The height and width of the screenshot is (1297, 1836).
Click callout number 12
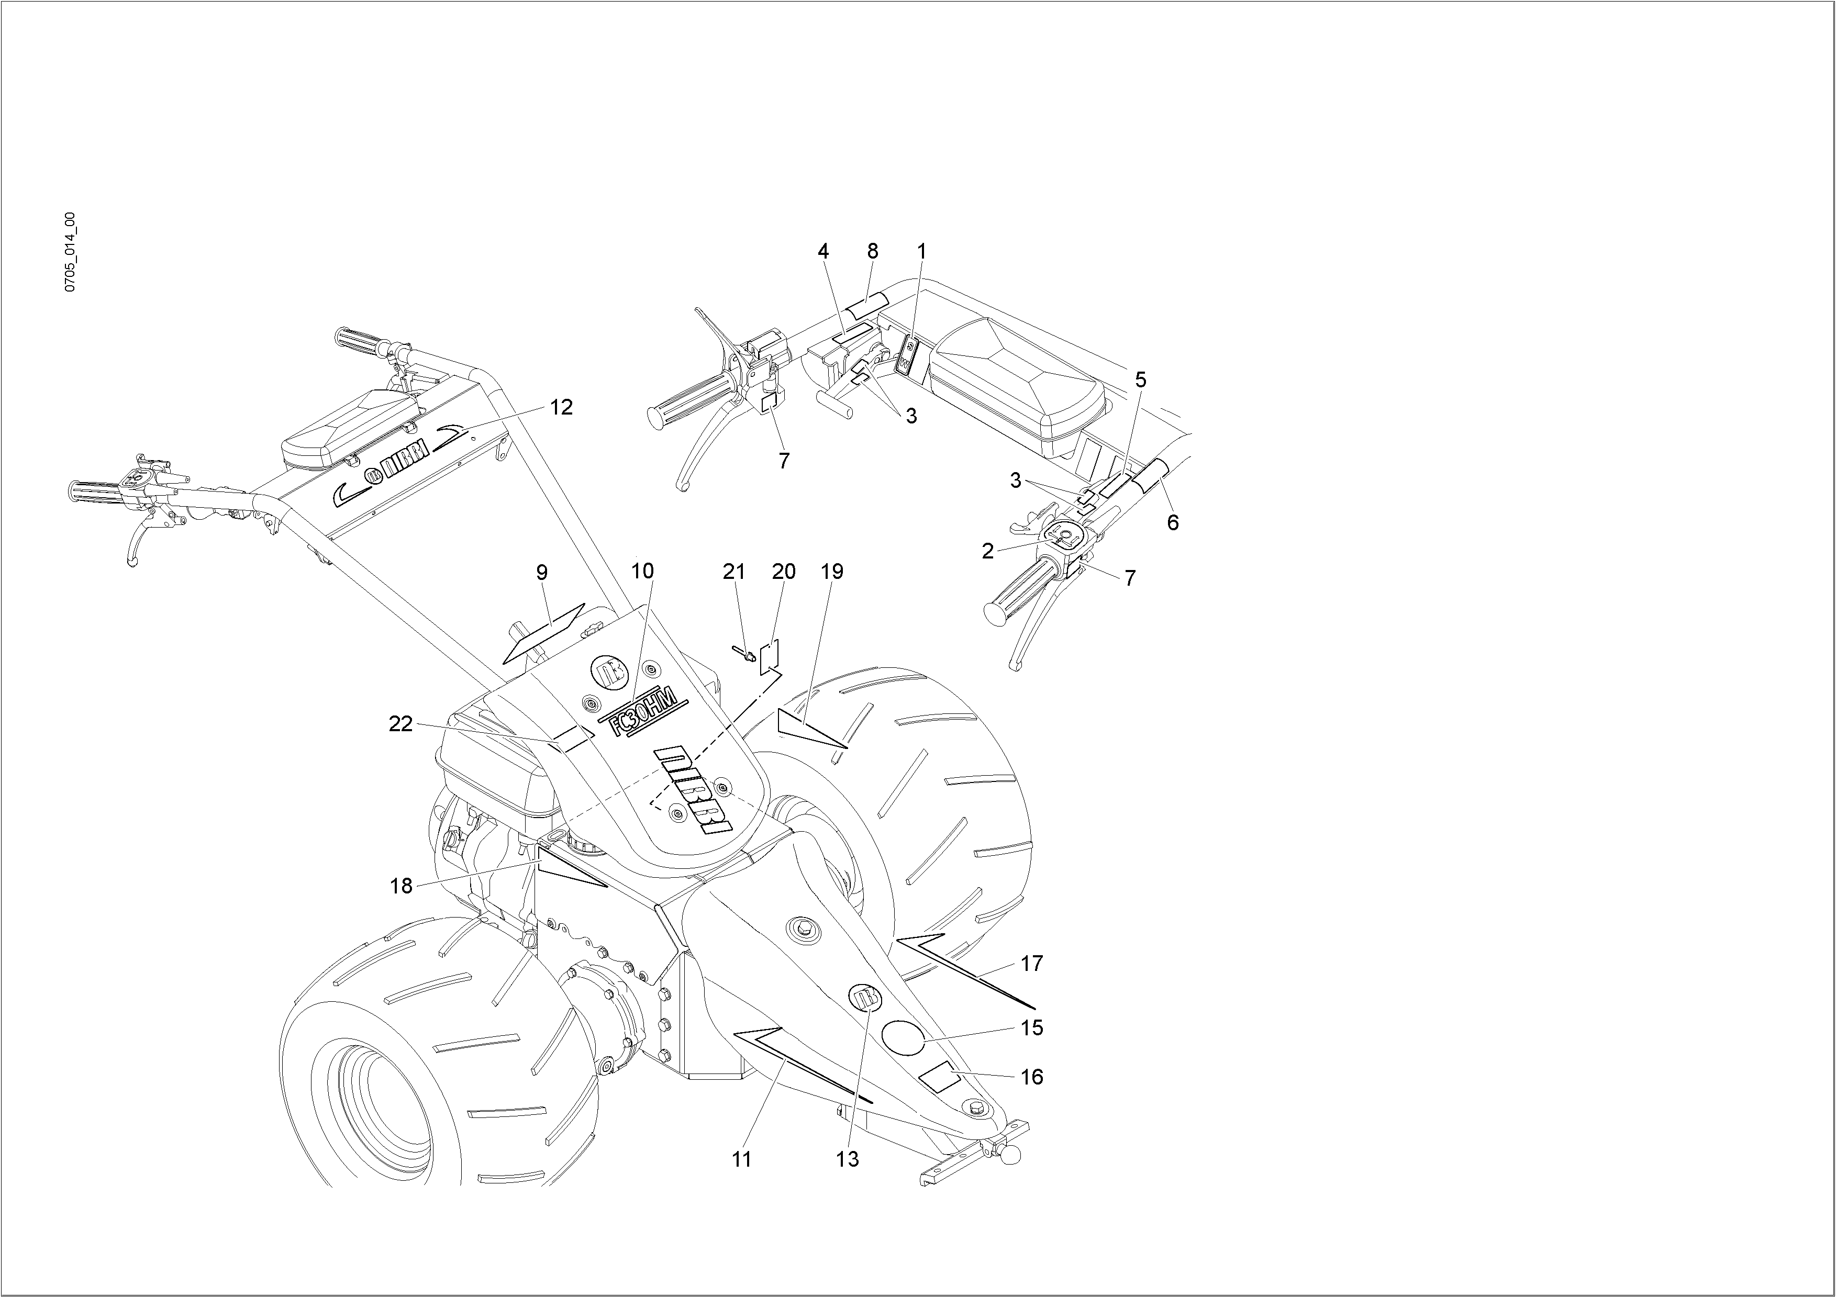coord(561,407)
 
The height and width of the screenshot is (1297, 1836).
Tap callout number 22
coord(400,724)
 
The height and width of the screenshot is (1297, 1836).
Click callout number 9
coord(542,573)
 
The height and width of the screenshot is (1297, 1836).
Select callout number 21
coord(733,572)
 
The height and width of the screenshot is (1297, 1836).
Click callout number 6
coord(1172,522)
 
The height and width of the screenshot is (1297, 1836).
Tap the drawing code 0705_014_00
coord(70,252)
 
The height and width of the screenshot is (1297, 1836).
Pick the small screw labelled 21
coord(744,654)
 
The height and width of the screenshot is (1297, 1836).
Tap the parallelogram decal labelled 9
coord(544,632)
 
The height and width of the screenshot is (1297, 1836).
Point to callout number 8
coord(872,251)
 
